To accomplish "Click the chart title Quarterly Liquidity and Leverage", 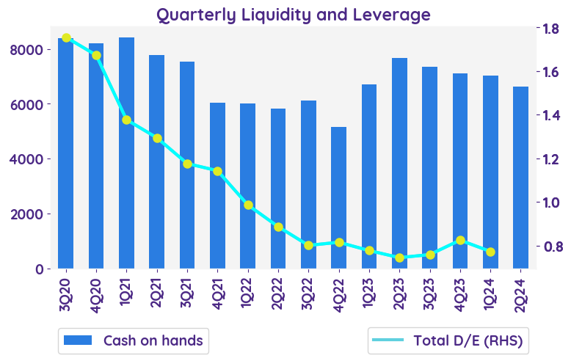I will [293, 14].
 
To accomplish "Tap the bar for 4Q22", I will [338, 197].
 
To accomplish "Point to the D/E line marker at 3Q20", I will [66, 37].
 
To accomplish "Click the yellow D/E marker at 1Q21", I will [126, 120].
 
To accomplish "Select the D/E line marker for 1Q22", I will [248, 205].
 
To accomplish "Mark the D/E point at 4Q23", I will [460, 240].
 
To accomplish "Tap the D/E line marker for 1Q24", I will [490, 252].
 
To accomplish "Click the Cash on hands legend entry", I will [133, 340].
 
